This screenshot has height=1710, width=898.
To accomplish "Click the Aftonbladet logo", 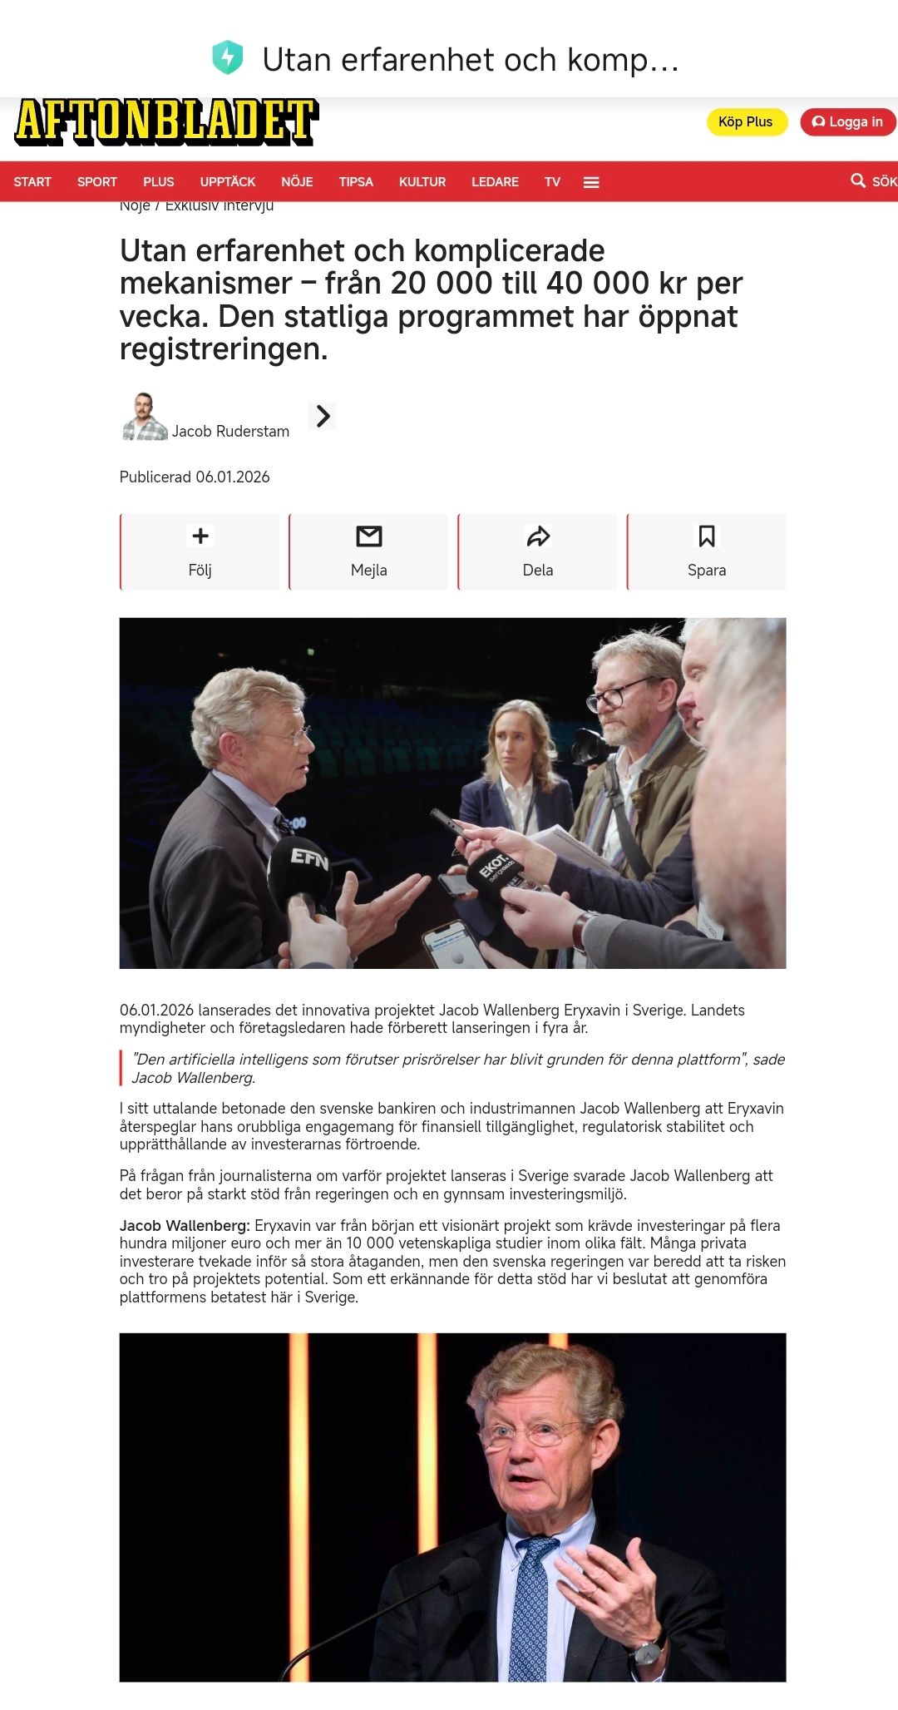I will [166, 121].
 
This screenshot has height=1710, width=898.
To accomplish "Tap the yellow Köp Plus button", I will [746, 122].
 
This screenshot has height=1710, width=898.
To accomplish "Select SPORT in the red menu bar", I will [97, 182].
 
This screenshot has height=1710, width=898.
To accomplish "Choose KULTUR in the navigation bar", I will [422, 182].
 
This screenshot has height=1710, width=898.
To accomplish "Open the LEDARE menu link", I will [495, 182].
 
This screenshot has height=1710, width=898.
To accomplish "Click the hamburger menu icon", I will [591, 183].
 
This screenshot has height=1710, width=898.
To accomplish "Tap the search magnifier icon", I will [858, 180].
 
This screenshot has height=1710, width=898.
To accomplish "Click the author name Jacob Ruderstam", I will [230, 432].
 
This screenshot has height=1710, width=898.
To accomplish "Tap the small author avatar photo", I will [145, 417].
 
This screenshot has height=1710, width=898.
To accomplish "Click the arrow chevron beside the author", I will [323, 416].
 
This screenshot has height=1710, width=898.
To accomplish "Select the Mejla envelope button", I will [369, 551].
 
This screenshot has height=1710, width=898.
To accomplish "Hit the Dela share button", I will [538, 551].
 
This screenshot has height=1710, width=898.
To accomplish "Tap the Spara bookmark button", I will [707, 551].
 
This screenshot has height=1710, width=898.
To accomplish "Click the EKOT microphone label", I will [494, 869].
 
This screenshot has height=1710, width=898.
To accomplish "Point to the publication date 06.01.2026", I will [232, 477].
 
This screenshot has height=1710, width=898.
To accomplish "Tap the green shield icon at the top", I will [227, 58].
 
